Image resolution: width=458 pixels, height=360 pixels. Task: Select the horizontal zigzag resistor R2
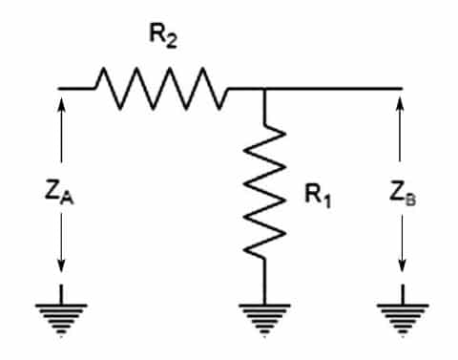(x=159, y=91)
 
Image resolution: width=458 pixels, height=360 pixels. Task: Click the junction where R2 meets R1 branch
(x=265, y=90)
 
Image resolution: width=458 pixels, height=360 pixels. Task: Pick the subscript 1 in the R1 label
(x=328, y=202)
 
